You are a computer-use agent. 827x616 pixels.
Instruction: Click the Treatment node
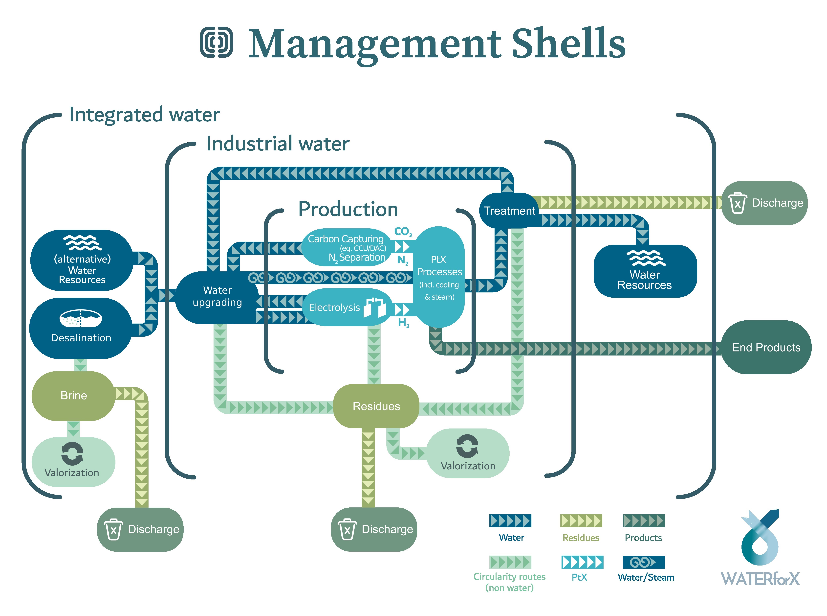point(509,211)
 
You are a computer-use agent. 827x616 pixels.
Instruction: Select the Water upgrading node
point(217,296)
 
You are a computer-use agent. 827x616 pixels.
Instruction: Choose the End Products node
point(766,348)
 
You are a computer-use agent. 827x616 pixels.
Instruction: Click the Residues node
point(376,406)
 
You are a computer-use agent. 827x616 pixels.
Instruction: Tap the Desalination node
point(81,328)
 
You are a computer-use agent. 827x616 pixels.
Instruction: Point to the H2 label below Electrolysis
point(403,323)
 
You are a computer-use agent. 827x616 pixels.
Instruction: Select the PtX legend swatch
point(582,562)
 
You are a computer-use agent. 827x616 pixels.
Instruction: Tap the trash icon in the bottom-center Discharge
point(347,529)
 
